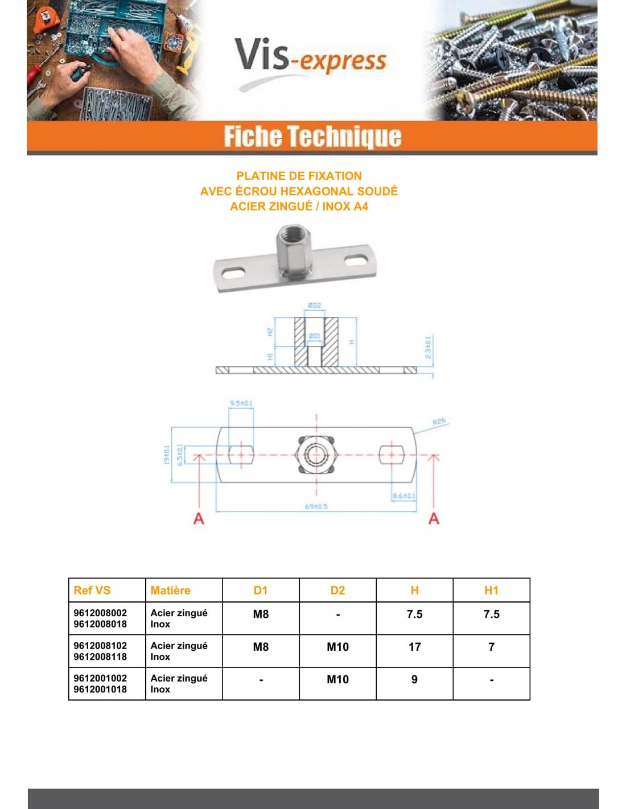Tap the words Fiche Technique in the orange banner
point(312,137)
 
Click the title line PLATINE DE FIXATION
point(299,176)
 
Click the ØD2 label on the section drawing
point(314,306)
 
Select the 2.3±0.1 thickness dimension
point(428,347)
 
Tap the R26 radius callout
point(439,422)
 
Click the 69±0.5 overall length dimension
point(316,506)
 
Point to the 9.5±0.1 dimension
point(241,403)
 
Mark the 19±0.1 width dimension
point(167,455)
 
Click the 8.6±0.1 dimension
point(403,496)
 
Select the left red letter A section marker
point(199,518)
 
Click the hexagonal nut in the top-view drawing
point(316,455)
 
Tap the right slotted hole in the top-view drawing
point(392,455)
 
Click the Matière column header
point(170,591)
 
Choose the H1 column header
point(491,591)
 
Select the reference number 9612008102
point(100,646)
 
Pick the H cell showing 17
point(414,647)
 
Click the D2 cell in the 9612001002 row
point(337,679)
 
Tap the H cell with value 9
point(414,679)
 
